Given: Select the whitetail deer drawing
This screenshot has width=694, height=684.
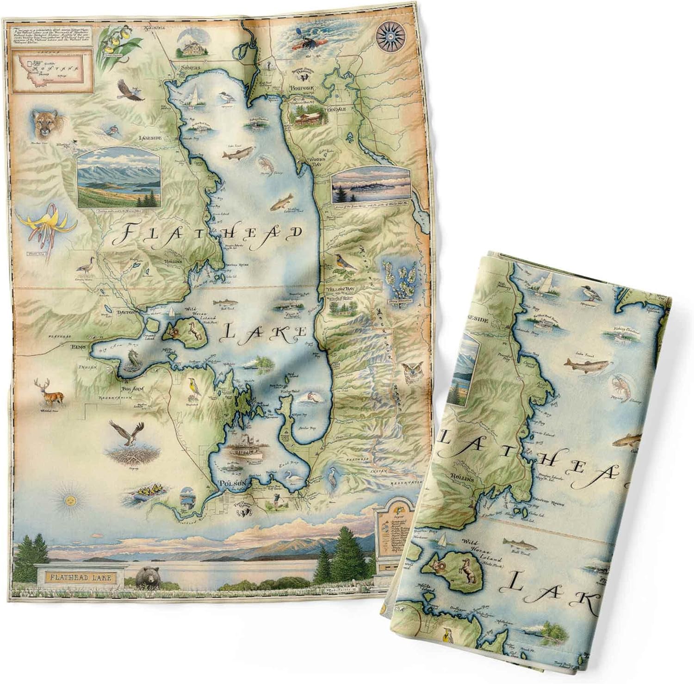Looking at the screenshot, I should (x=50, y=392).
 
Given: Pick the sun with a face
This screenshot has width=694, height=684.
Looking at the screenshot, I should (x=70, y=501).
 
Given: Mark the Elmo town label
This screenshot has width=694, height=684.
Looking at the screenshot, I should (x=77, y=346).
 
